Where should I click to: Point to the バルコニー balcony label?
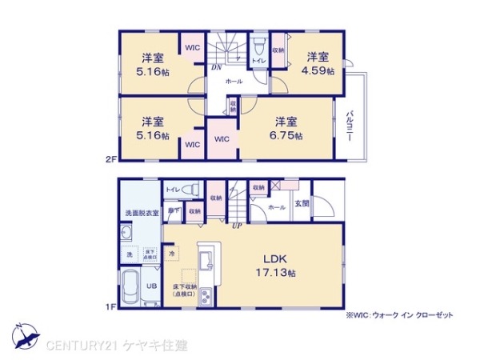point(350,126)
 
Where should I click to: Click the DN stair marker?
point(217,67)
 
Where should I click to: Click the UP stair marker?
point(236,226)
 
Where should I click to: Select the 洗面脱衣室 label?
point(142,214)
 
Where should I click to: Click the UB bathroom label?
point(150,283)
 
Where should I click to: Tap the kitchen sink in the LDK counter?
point(205,261)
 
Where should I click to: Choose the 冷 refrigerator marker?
point(172,253)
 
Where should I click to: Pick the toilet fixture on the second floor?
point(258,45)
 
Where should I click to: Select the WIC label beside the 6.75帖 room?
point(222,138)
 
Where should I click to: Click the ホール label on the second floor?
point(234,82)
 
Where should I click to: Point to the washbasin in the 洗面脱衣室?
point(127,234)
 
